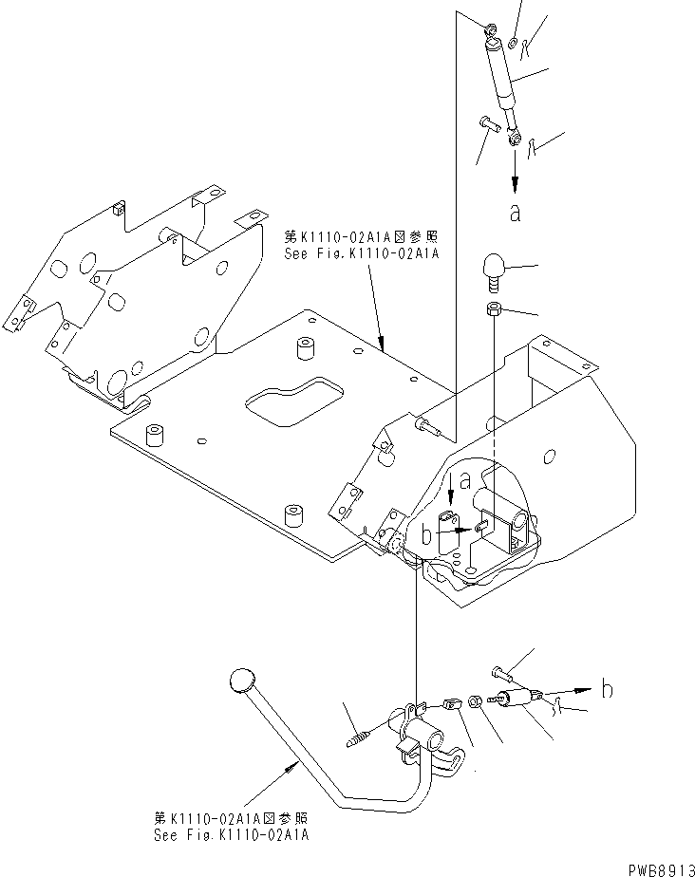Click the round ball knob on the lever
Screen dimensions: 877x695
[243, 680]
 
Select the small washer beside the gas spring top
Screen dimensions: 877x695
[513, 41]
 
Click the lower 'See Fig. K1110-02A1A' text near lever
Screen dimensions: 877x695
[233, 836]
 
